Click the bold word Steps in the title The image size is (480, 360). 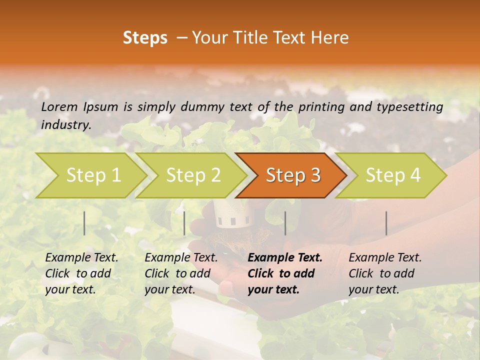(145, 38)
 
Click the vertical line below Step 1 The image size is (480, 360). (84, 223)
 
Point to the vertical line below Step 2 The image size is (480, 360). (184, 223)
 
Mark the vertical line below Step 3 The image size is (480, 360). (285, 223)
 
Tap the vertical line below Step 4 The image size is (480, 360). (386, 223)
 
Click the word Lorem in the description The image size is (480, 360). (59, 106)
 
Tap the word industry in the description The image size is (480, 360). (66, 124)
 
